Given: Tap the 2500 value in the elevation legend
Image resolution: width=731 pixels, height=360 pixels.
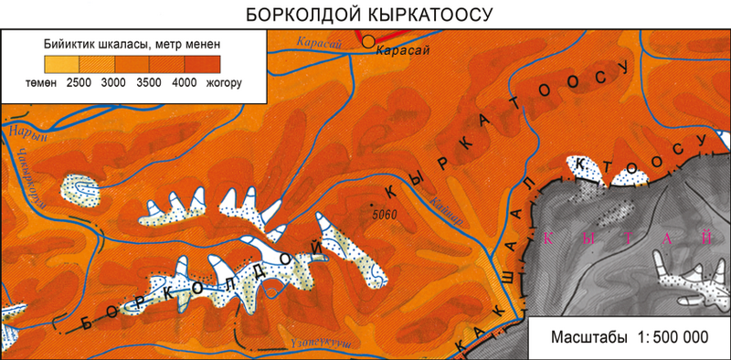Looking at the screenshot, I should [x=79, y=83].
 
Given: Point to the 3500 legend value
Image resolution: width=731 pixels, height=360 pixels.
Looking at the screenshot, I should [x=149, y=83].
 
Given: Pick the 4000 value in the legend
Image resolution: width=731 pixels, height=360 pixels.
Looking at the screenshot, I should [x=185, y=83].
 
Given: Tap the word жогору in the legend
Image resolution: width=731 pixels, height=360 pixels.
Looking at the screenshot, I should [x=224, y=83].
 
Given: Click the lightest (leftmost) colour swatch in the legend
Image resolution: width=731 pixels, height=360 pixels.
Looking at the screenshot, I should [x=61, y=64].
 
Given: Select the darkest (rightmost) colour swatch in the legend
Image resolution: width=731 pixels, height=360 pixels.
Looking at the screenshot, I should [x=202, y=64].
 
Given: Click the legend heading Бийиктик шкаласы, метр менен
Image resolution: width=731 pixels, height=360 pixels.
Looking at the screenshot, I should [x=132, y=43].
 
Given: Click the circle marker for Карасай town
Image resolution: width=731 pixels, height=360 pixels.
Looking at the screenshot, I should [x=368, y=40].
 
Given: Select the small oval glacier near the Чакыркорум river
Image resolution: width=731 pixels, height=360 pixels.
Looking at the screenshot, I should [x=79, y=188].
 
